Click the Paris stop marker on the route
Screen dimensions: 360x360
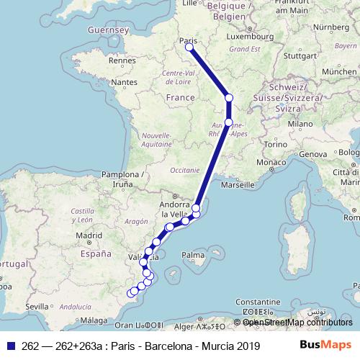click(189, 48)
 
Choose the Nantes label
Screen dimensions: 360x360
click(124, 83)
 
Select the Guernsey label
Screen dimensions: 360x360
click(107, 30)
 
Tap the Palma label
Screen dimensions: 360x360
click(193, 254)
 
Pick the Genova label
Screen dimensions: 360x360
click(313, 154)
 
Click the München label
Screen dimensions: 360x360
click(339, 72)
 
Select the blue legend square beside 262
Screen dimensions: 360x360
click(9, 346)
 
